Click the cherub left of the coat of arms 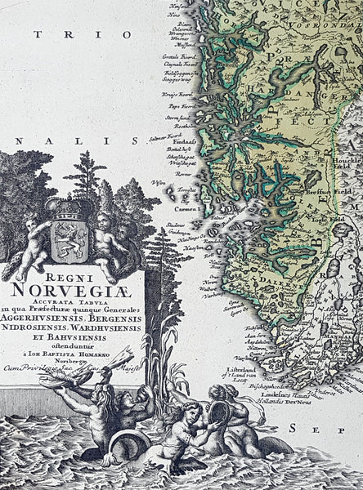tap(29, 240)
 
